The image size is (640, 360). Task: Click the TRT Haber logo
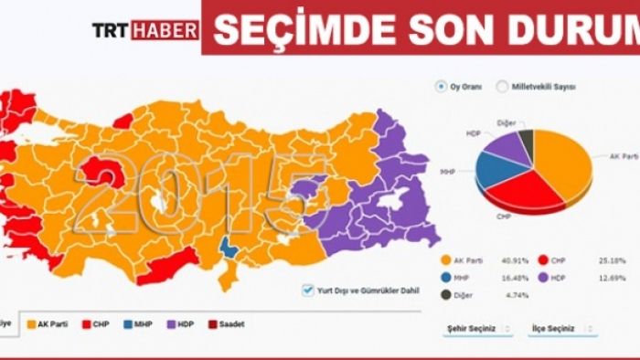145,30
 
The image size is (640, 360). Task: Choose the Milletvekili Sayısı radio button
502,87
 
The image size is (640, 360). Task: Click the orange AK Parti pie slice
563,163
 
